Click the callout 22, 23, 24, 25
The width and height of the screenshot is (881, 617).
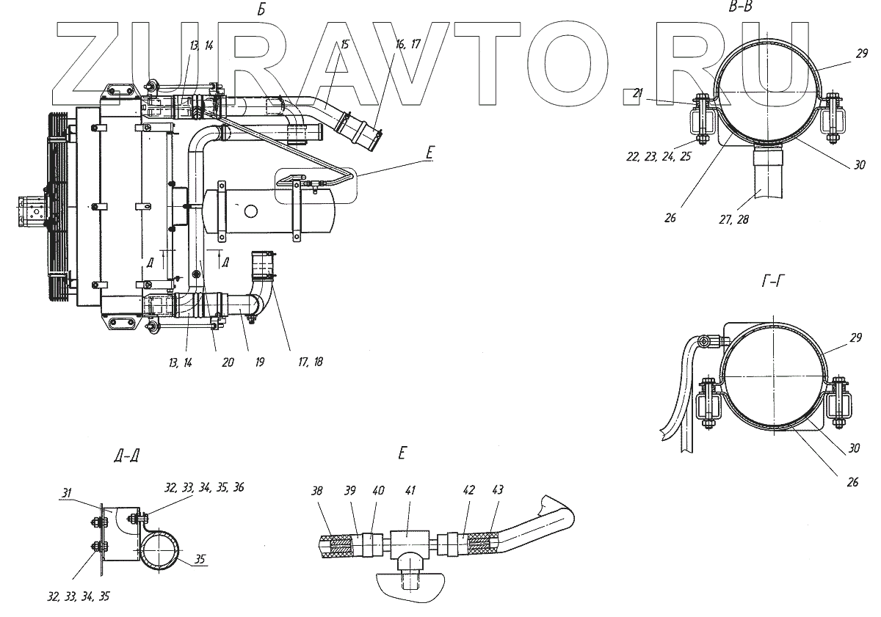pos(659,156)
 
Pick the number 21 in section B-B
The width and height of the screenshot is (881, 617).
pos(637,93)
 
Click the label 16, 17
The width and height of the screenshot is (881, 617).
pos(407,45)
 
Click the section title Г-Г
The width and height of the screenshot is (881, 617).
pos(771,282)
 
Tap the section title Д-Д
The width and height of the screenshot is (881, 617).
pos(126,456)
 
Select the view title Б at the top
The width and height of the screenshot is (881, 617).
pos(261,10)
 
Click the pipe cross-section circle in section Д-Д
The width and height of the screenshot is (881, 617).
pos(161,550)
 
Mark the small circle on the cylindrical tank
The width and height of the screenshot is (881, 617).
pos(253,212)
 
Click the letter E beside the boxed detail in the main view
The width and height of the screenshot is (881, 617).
pos(429,153)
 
